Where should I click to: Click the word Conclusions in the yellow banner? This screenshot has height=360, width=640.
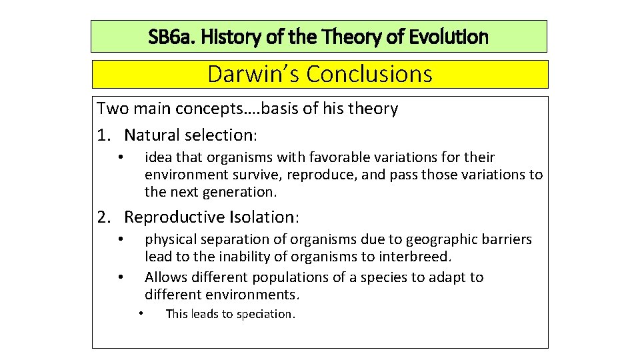369,74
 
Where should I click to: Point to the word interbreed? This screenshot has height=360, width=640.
419,257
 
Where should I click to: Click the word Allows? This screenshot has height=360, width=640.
165,277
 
